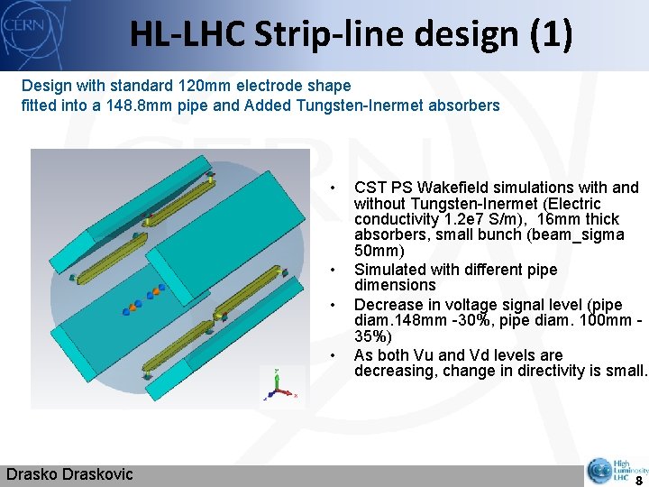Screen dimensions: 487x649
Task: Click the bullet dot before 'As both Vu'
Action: [x=333, y=355]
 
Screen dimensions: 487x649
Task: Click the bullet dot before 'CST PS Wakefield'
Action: [x=333, y=188]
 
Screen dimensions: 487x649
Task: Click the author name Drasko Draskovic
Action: [x=69, y=474]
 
